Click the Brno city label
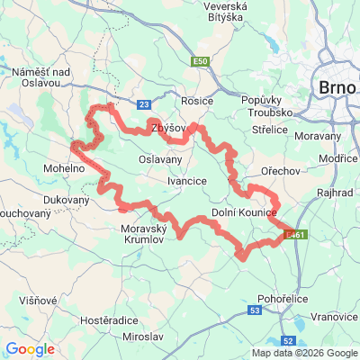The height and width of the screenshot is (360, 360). pyautogui.click(x=337, y=88)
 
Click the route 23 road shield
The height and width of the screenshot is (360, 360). pyautogui.click(x=144, y=105)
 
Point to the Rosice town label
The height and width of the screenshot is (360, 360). pyautogui.click(x=196, y=102)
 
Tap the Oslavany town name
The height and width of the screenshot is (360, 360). pyautogui.click(x=159, y=159)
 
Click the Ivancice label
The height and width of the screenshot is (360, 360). pyautogui.click(x=187, y=181)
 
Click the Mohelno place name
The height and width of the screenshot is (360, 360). pyautogui.click(x=63, y=168)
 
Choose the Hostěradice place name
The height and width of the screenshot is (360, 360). pyautogui.click(x=108, y=319)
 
